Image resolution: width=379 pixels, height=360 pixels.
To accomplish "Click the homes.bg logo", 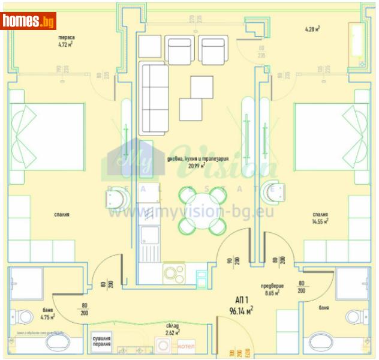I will [28, 22].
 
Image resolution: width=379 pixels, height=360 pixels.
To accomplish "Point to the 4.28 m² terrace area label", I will [312, 28].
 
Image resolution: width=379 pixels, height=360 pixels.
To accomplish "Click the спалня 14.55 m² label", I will [320, 217].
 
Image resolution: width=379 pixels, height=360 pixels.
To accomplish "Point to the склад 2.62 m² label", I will [173, 329].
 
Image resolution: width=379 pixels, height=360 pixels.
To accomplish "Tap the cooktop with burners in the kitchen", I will [174, 273].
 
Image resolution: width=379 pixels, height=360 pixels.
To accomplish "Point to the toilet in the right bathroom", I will [355, 316].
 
